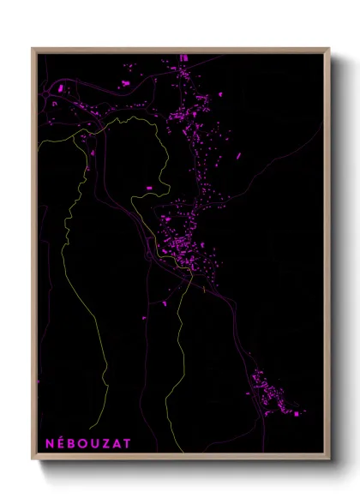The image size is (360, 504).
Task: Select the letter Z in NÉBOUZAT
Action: (x=105, y=443)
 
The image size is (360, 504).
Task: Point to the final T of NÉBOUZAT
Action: (x=127, y=443)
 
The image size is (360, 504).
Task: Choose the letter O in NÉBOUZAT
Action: (x=84, y=443)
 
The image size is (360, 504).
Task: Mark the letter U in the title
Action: (x=95, y=443)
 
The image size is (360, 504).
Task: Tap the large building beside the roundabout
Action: (x=124, y=83)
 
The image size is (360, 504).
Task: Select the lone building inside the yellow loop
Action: (x=148, y=187)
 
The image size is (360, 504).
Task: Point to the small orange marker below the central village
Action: (x=203, y=289)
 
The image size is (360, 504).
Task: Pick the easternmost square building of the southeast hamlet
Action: (x=297, y=414)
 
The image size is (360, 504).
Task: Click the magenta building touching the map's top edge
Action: (x=183, y=57)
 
